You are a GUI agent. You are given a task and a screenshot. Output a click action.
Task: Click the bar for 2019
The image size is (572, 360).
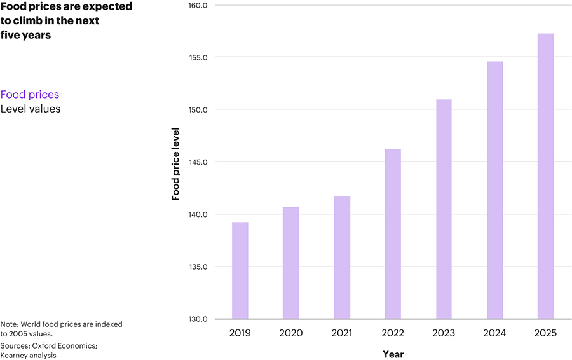point(240,270)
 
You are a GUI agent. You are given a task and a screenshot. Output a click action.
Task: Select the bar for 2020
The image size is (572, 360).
point(290,263)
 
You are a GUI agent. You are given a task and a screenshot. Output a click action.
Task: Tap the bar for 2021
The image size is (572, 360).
point(342,257)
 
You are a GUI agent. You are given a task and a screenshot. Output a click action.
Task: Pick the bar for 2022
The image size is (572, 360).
point(393,234)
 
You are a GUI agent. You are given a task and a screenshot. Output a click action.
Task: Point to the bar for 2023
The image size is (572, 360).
point(444,209)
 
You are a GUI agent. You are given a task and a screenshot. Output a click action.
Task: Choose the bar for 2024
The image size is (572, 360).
point(494,190)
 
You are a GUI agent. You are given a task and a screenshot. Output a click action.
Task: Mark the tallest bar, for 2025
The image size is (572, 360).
point(545,176)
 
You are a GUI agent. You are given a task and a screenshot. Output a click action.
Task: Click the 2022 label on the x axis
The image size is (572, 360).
point(393,333)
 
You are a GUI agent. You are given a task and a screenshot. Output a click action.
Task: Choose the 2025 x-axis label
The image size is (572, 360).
point(545,333)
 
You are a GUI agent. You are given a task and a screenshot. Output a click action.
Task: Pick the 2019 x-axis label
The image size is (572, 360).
point(240,333)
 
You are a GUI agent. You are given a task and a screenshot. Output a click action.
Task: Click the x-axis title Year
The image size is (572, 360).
point(393,354)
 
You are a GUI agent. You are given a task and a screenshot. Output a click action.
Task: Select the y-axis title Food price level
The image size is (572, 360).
point(176,164)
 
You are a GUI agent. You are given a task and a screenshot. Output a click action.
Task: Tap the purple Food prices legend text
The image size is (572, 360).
point(30,95)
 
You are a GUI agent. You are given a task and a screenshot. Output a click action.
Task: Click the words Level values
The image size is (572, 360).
point(31,109)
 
